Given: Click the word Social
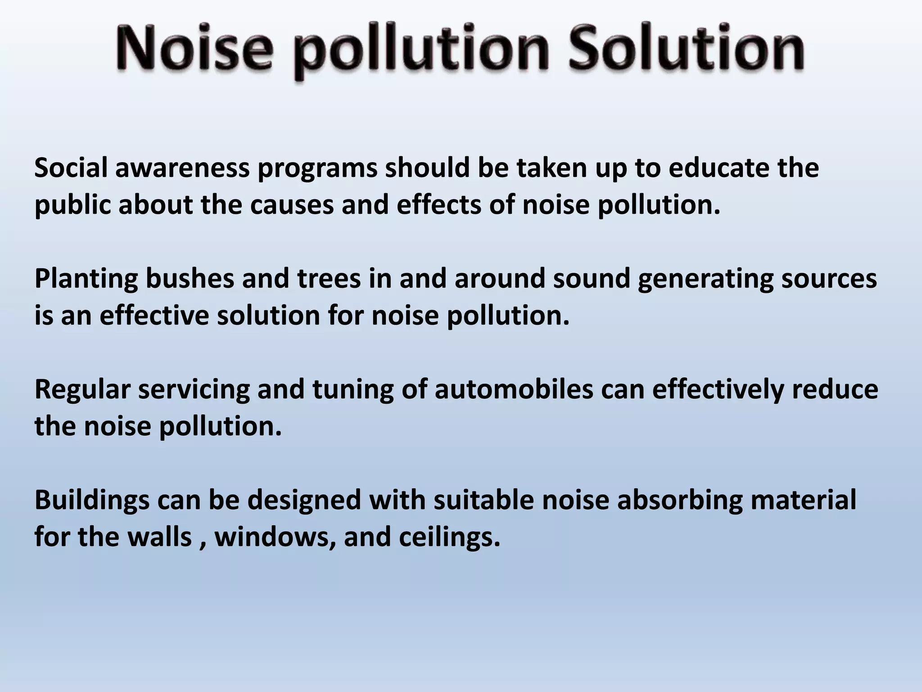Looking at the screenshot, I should pyautogui.click(x=71, y=168).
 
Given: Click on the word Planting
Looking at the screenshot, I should pyautogui.click(x=86, y=278).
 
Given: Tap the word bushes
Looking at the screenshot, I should pyautogui.click(x=190, y=278).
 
